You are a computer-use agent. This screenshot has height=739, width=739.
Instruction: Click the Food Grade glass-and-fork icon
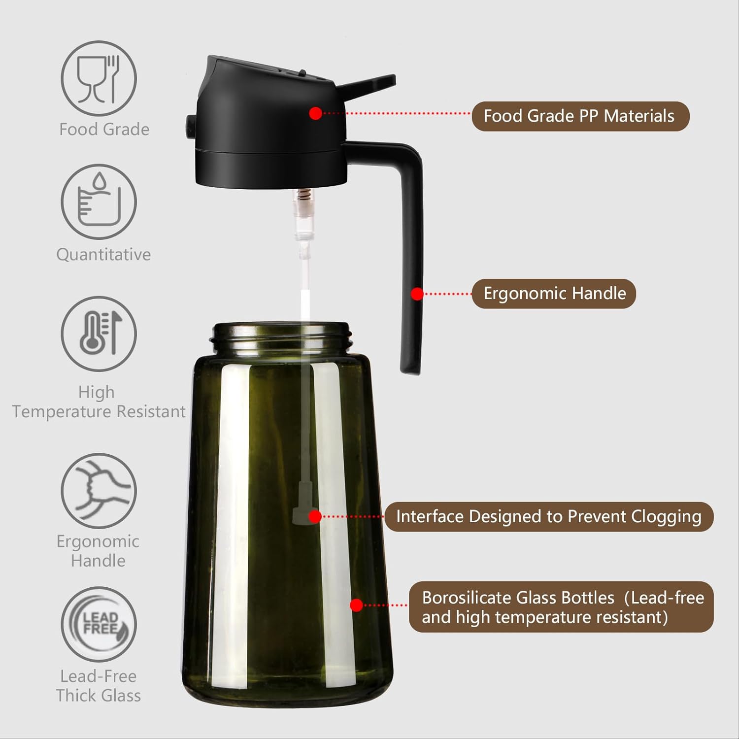99,78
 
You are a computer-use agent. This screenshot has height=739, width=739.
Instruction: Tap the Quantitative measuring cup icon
99,202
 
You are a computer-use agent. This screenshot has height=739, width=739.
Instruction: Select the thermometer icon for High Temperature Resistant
99,334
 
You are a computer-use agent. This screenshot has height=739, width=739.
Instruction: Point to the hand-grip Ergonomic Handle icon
99,491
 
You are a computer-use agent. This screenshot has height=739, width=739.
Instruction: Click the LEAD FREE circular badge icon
99,624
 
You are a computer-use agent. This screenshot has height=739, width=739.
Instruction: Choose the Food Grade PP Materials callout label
580,116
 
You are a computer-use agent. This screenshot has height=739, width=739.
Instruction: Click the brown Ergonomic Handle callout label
554,294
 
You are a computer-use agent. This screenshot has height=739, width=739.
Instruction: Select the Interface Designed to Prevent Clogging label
548,517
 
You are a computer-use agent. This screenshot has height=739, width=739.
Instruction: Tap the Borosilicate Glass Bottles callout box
561,607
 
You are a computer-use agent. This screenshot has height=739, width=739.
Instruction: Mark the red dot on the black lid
316,113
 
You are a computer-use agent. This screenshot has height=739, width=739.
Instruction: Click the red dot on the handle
417,294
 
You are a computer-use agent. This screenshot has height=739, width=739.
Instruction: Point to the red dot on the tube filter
315,516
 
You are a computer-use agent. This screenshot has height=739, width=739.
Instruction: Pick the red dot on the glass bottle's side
356,605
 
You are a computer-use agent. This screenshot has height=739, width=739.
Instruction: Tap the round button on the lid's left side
190,127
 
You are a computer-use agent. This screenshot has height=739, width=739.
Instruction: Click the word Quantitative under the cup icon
103,254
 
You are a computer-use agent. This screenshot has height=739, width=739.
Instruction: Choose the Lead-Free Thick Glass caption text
99,686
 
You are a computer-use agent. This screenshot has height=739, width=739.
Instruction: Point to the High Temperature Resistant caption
99,402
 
